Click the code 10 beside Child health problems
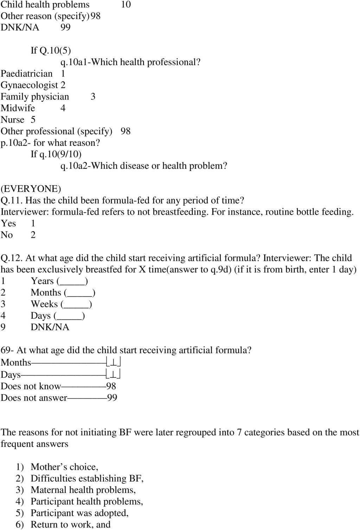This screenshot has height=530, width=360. click(126, 5)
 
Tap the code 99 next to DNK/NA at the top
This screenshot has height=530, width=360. click(65, 27)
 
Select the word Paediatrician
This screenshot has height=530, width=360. click(27, 74)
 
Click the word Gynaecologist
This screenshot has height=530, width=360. click(29, 85)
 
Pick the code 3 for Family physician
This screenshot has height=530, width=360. click(93, 97)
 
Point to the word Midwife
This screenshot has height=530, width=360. click(18, 108)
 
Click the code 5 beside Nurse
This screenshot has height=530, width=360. click(33, 120)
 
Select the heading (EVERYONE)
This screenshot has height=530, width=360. click(31, 189)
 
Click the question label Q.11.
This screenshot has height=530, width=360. click(12, 200)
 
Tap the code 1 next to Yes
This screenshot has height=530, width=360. click(33, 223)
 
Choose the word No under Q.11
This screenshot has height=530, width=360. click(7, 235)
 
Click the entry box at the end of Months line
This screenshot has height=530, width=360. click(114, 362)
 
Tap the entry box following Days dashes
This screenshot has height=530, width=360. click(114, 374)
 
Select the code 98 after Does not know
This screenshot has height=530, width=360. click(111, 386)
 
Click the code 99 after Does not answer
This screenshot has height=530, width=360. click(112, 398)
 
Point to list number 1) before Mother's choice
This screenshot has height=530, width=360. click(20, 467)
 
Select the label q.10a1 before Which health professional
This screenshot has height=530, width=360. click(74, 62)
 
